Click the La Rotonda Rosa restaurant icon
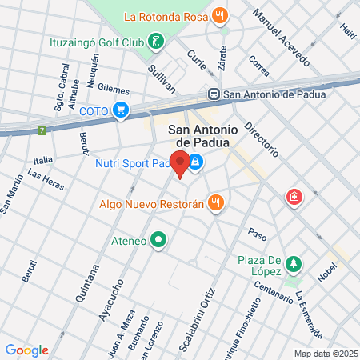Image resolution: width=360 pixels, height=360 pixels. point(220,15)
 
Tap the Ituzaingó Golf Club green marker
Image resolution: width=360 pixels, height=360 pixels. point(158,39)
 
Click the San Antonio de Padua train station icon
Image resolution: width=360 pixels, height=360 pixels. point(214,94)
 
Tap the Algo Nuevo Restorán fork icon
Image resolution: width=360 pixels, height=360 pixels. point(214,203)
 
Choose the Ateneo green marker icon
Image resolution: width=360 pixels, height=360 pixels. point(158,239)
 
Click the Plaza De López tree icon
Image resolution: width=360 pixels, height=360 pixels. point(294,263)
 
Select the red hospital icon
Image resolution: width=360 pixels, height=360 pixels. point(294,197)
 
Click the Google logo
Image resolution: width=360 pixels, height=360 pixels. point(26,350)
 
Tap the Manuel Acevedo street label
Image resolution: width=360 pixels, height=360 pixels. point(280,38)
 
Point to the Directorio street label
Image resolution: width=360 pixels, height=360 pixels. point(262,138)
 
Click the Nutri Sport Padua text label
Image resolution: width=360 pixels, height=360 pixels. point(133,164)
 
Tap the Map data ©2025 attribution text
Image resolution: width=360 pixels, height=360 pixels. point(325,354)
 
